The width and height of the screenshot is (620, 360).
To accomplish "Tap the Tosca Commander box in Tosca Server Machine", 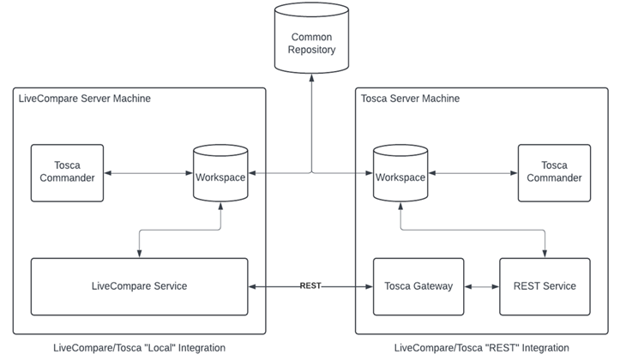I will (x=554, y=172).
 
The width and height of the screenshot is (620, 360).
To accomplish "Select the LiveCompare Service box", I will (x=139, y=286).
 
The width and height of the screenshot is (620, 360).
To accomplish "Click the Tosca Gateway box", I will (x=418, y=286).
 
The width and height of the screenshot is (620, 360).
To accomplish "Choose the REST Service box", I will (x=545, y=286).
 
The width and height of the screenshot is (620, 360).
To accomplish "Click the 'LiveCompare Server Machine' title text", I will (x=85, y=99).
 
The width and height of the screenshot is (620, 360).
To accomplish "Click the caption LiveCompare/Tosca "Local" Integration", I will (x=139, y=347).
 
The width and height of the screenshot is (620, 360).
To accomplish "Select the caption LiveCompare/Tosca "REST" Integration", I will (x=481, y=347).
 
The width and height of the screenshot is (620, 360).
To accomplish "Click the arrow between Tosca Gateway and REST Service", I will (x=481, y=286).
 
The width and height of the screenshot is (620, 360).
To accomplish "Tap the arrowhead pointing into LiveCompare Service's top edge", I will (x=139, y=253).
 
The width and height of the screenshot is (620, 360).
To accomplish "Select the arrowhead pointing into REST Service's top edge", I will (x=545, y=253).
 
